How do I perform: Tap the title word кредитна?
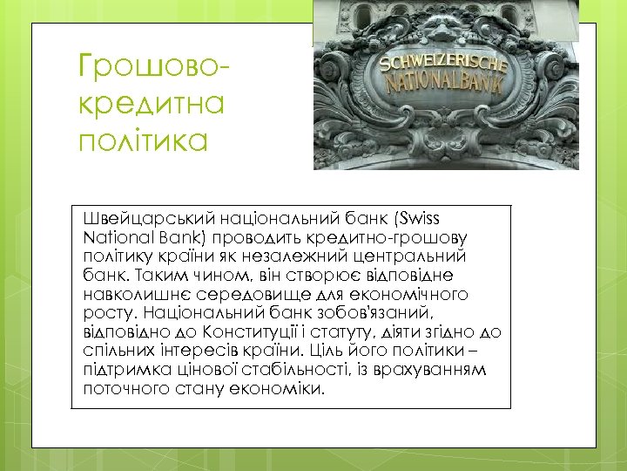151,103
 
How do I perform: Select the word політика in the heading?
144,140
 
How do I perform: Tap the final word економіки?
271,389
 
